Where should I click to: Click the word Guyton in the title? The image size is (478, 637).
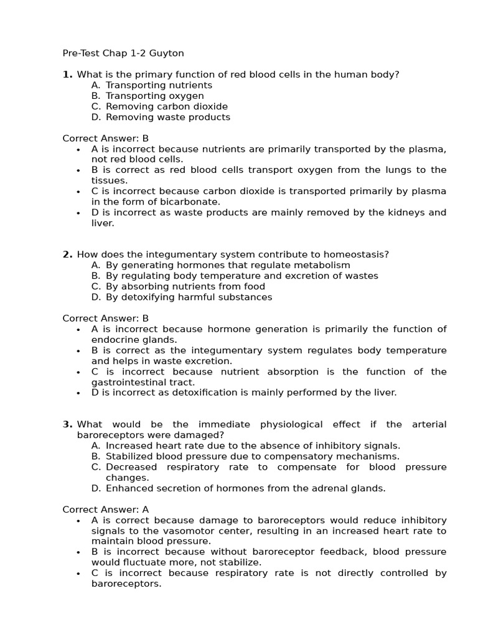pyautogui.click(x=166, y=53)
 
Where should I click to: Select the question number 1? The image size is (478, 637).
pyautogui.click(x=67, y=75)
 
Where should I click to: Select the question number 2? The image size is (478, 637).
pyautogui.click(x=67, y=254)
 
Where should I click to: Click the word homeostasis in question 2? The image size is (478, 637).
pyautogui.click(x=355, y=254)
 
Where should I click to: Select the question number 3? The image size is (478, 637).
pyautogui.click(x=67, y=424)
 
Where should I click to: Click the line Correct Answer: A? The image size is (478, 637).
pyautogui.click(x=106, y=509)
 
